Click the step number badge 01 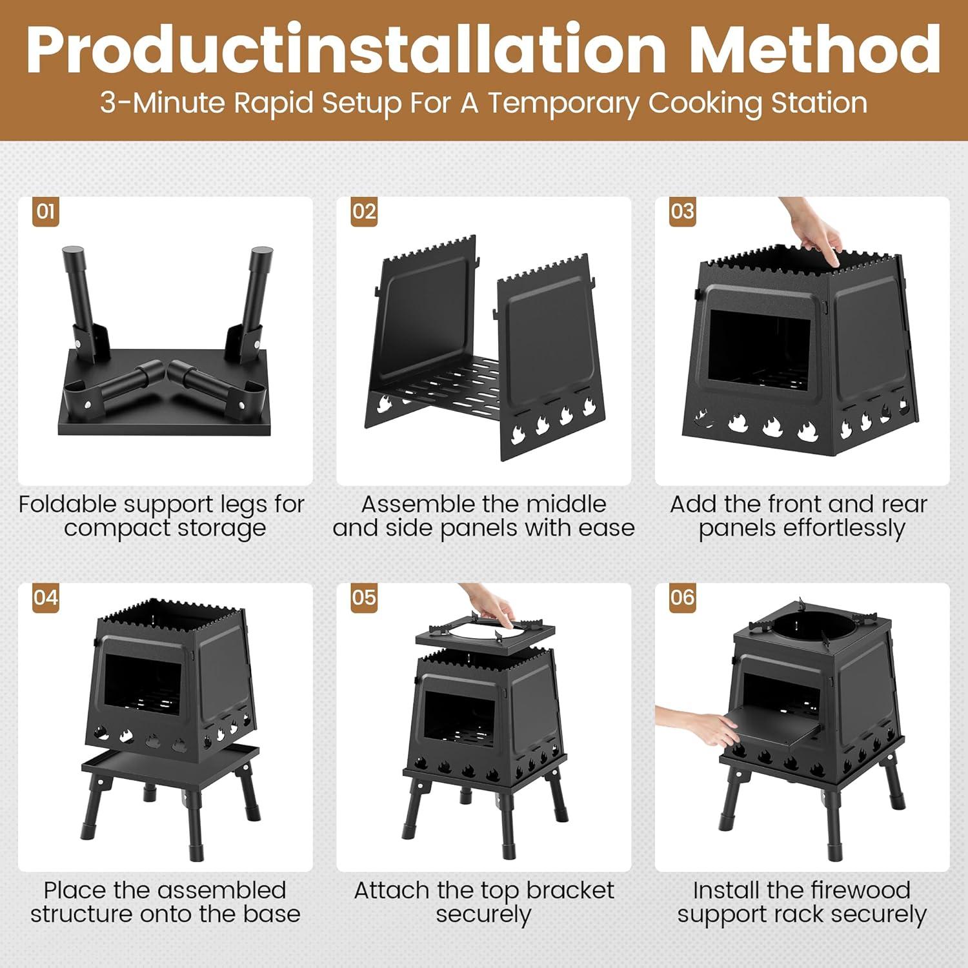(x=46, y=212)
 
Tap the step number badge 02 (x=364, y=212)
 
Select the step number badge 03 (x=682, y=212)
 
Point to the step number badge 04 (x=46, y=598)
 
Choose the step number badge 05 (x=364, y=598)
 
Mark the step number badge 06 (x=682, y=598)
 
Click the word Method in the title (x=814, y=50)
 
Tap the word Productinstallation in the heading (x=346, y=50)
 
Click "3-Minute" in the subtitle (x=162, y=103)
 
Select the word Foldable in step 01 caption (x=68, y=504)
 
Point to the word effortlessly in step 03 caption (x=802, y=529)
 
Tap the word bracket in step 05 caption (x=570, y=891)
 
